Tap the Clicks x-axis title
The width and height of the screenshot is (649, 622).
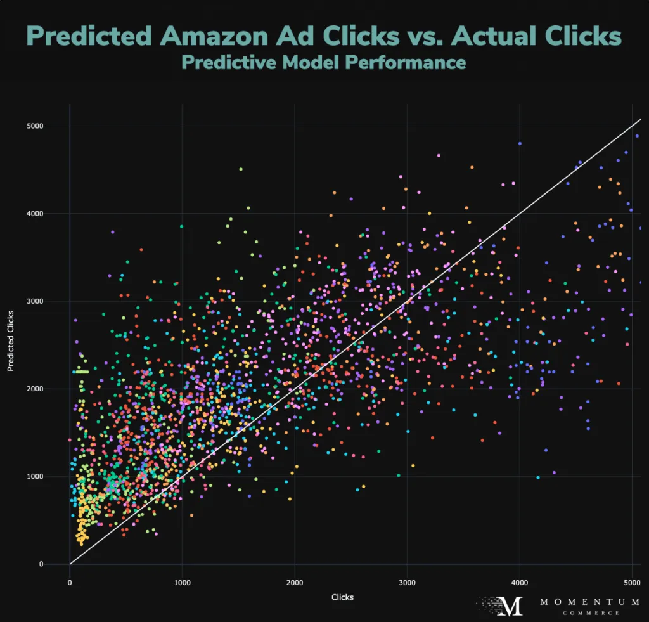pos(342,597)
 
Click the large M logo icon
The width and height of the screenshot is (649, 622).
pos(511,606)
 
